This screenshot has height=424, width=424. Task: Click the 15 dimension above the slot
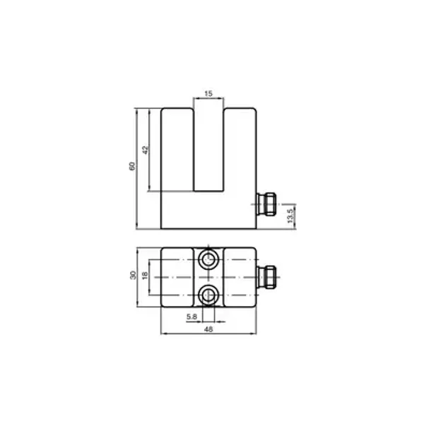(x=208, y=93)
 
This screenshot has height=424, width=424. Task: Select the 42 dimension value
(x=144, y=150)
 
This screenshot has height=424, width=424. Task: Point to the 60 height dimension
(x=131, y=167)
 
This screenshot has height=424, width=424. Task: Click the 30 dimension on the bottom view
(x=132, y=276)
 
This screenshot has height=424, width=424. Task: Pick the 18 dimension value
(x=145, y=276)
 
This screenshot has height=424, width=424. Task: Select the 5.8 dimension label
(x=192, y=317)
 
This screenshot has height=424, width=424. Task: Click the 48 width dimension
(x=208, y=329)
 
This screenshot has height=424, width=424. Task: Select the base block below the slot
(x=208, y=212)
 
